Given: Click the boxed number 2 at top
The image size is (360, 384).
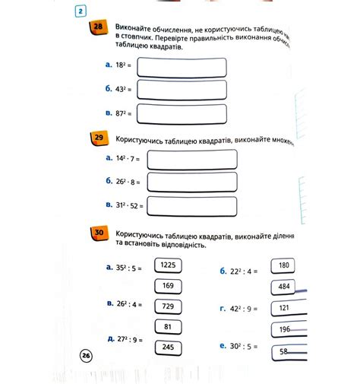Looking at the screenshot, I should click(x=82, y=11).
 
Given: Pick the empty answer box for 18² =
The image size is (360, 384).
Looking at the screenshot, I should click(x=182, y=67).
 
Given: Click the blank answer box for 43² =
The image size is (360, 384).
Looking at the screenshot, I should click(x=182, y=90).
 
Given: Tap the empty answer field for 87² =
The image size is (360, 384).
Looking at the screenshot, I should click(x=182, y=114).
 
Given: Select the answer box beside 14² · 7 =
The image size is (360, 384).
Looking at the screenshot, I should click(x=192, y=158).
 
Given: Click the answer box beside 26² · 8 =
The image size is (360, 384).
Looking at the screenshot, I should click(x=192, y=181).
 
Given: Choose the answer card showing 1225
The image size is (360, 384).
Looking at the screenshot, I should click(x=168, y=265).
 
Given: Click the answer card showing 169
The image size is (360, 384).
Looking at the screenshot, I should click(x=168, y=286).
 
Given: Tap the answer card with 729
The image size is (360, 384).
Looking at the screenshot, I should click(x=168, y=306).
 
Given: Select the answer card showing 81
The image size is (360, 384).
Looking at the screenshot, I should click(x=168, y=326).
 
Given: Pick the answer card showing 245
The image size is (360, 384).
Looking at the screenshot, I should click(x=168, y=347).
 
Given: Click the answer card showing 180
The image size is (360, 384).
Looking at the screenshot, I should click(x=283, y=265).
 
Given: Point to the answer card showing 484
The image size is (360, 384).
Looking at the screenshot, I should click(x=284, y=287).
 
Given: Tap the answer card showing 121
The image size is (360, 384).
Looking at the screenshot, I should click(x=284, y=308).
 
